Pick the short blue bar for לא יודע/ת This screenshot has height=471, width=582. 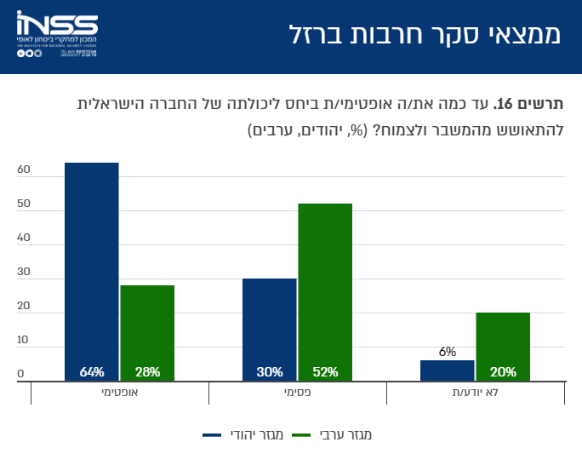[448, 370]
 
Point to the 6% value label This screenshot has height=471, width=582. [448, 351]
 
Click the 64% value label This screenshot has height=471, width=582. [92, 372]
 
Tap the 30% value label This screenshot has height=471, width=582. [270, 372]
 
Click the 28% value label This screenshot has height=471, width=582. [147, 372]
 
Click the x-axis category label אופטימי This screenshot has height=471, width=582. [120, 394]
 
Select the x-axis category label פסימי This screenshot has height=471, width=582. [297, 394]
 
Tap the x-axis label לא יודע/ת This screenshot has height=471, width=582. [475, 394]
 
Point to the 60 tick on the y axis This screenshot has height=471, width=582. [24, 170]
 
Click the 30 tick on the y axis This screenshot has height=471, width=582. [24, 273]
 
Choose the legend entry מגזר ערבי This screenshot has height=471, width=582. [333, 435]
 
